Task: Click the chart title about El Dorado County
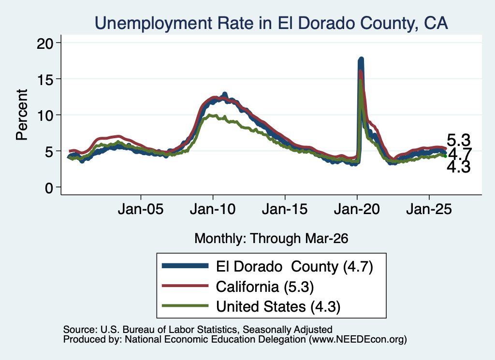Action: tap(271, 23)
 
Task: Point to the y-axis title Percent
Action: tap(22, 115)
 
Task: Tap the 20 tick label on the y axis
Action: tap(45, 43)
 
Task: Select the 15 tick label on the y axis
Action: tap(45, 79)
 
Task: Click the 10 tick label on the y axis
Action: tap(45, 115)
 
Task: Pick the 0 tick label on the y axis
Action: tap(49, 188)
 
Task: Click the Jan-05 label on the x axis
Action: tap(141, 209)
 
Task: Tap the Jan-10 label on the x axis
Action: tap(213, 209)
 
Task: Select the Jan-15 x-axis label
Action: tap(285, 209)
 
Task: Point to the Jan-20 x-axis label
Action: tap(357, 209)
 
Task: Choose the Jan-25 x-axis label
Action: tap(429, 209)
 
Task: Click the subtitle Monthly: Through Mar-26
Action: tap(271, 239)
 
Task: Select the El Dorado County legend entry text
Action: tap(294, 267)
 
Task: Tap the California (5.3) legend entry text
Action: tap(265, 287)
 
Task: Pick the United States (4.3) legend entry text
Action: tap(278, 306)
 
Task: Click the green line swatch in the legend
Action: tap(185, 305)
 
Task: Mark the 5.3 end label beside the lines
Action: tap(458, 140)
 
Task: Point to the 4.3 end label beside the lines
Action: tap(458, 167)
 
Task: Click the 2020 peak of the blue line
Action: tap(361, 59)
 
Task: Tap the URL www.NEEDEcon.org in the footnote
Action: tap(357, 339)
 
